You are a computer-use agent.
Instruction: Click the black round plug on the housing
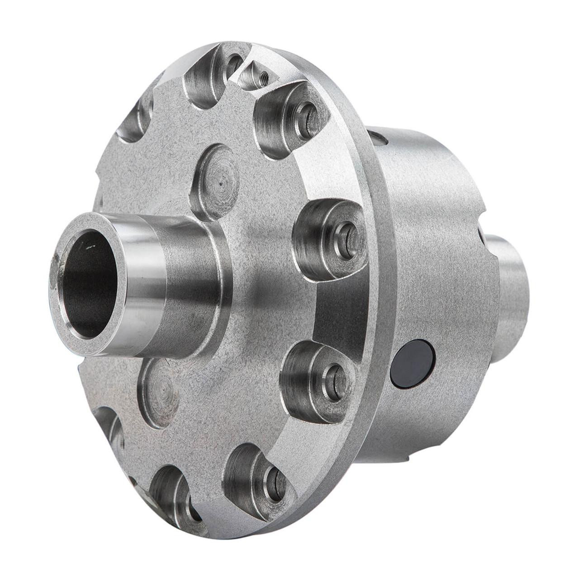(x=413, y=363)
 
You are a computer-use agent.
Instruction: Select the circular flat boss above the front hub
(x=216, y=182)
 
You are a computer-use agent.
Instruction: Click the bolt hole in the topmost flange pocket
(x=234, y=65)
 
